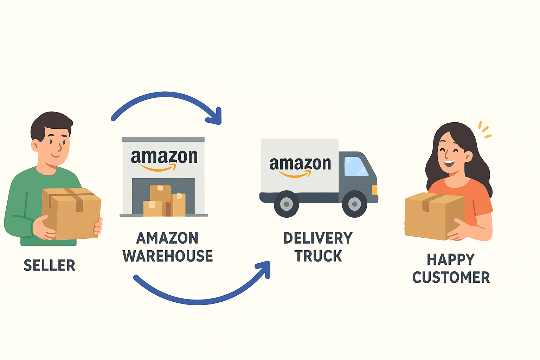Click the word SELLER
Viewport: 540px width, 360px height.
(x=49, y=265)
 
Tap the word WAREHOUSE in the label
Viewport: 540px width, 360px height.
(x=168, y=256)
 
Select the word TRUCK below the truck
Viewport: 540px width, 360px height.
(x=318, y=256)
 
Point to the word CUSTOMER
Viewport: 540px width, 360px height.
(x=451, y=278)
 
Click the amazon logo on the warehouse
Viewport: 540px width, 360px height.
(x=164, y=158)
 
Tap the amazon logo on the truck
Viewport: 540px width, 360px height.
(x=300, y=165)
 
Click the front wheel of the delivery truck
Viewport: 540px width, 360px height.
(x=354, y=204)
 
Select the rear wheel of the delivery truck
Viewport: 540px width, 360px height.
(x=287, y=204)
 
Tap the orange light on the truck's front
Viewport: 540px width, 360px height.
(x=374, y=190)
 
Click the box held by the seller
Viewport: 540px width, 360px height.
(x=72, y=214)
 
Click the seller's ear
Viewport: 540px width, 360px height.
(x=36, y=145)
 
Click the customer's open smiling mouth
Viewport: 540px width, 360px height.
(x=449, y=163)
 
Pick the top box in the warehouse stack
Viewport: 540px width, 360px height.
(x=160, y=193)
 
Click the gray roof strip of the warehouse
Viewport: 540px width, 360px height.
(x=163, y=139)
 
